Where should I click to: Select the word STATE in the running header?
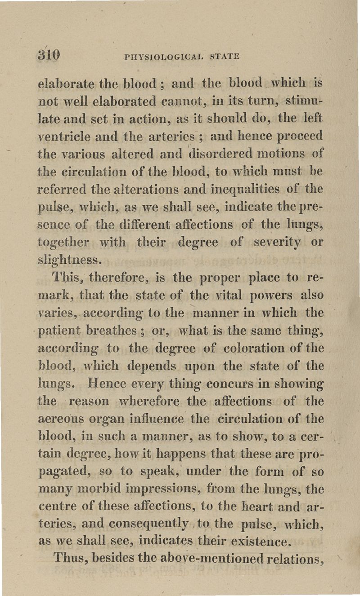coord(224,57)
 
